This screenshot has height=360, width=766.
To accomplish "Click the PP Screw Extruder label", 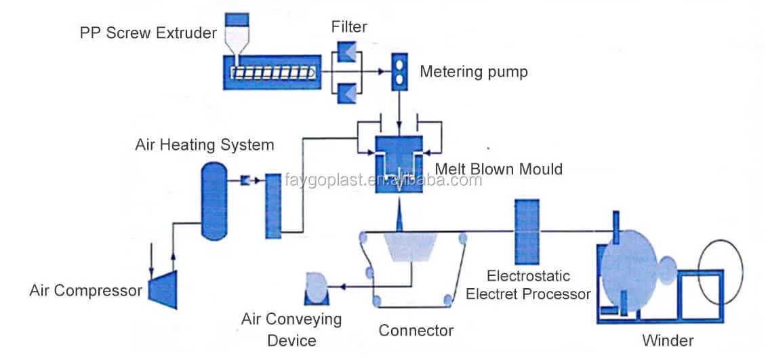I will click(148, 33).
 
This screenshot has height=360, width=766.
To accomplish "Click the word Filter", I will click(349, 27).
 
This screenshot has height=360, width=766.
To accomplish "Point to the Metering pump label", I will click(473, 72).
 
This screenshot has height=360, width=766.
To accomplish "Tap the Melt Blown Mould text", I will click(498, 168).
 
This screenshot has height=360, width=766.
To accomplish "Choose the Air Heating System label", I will click(204, 144).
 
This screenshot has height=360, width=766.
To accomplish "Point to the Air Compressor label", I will click(86, 291).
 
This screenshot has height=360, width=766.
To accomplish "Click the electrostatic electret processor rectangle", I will click(527, 232).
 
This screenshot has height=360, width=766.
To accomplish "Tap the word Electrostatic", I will click(528, 276).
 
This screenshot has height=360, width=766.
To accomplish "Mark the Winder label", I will click(668, 340).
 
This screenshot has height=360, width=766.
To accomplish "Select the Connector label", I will click(416, 331).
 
